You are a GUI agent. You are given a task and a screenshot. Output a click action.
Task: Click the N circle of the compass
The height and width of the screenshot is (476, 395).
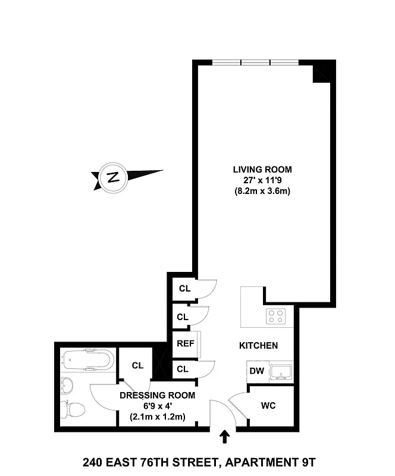point(112,177)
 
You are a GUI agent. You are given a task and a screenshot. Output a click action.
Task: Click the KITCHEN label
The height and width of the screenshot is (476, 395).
point(258,346)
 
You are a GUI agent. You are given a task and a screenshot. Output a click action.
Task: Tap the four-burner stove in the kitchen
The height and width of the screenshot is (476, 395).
point(275,315)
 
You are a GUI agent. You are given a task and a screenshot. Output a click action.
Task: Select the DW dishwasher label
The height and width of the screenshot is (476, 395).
point(256,371)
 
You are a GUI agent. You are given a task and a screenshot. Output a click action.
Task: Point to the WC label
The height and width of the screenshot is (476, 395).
point(268,406)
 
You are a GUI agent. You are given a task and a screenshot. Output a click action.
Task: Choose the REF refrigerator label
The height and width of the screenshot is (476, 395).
point(183,344)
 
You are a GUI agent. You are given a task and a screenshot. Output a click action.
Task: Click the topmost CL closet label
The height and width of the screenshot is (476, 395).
point(184,289)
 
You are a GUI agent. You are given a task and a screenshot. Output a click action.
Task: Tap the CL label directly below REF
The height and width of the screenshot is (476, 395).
point(183,369)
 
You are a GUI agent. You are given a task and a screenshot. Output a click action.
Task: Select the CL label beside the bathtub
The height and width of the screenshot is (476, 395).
point(138,365)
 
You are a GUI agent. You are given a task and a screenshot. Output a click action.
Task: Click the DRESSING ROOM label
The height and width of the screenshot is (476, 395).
point(157,396)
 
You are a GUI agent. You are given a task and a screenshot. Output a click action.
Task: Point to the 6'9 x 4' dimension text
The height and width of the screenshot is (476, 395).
point(157,406)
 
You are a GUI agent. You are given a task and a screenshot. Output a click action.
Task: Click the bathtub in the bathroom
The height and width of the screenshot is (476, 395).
point(87,361)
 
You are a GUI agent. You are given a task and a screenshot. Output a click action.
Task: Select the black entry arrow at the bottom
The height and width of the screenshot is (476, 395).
point(225,438)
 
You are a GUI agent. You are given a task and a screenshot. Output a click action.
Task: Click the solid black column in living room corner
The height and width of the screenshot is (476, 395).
point(322,73)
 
